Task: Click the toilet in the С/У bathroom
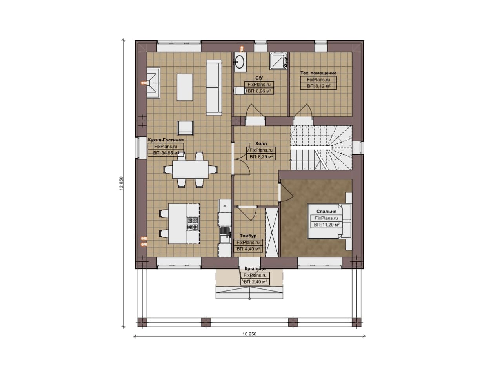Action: (239, 91)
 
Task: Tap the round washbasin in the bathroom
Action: (239, 62)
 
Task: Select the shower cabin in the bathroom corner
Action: (278, 61)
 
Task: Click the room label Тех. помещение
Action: (318, 73)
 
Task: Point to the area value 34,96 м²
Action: (166, 153)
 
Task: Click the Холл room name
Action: (261, 143)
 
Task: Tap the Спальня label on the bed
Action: (326, 212)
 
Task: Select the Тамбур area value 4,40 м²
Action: (248, 249)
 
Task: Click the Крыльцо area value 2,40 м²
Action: (255, 282)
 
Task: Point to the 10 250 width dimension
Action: (249, 334)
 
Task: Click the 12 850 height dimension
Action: (121, 183)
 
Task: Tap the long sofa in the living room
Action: (214, 87)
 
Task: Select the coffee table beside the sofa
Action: (185, 87)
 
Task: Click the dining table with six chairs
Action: (190, 169)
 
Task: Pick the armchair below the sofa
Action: (186, 128)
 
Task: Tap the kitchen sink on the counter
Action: (225, 230)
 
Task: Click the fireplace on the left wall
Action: (153, 83)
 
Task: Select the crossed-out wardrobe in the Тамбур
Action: (272, 232)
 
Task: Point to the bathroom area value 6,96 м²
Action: (259, 91)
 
